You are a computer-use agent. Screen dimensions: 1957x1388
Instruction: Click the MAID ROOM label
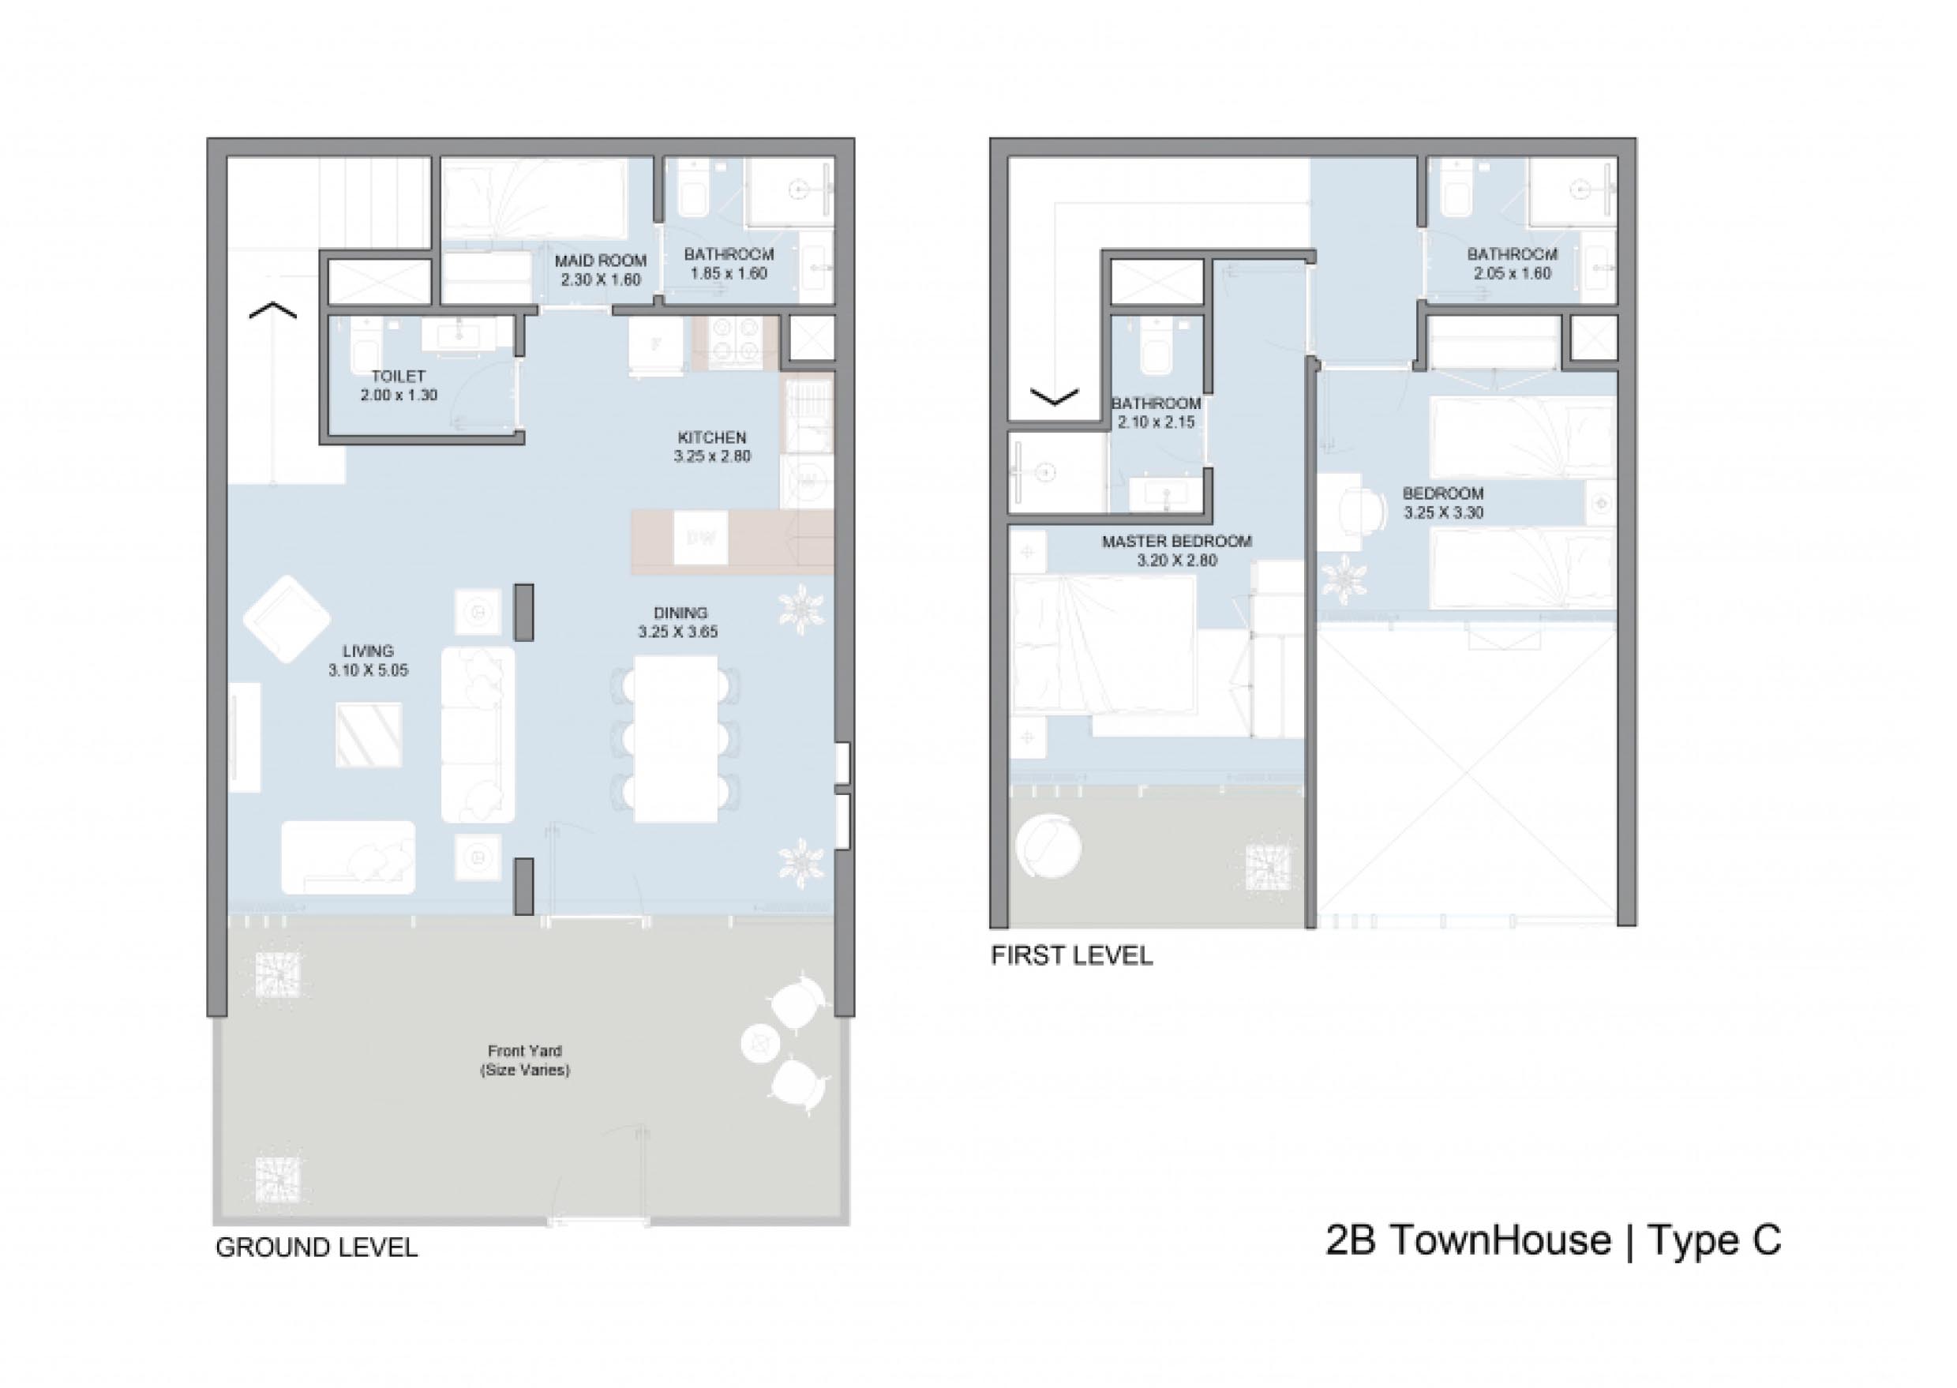600,261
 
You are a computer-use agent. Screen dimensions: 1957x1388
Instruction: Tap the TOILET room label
398,376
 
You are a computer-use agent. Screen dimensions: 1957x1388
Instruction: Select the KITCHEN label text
712,437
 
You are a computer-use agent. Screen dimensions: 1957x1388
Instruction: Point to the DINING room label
680,613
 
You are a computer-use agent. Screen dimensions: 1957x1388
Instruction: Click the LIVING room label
369,651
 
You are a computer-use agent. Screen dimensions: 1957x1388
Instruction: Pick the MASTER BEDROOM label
1177,542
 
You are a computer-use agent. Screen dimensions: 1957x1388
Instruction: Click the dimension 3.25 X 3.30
1443,513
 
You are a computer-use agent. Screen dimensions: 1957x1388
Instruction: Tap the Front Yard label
525,1051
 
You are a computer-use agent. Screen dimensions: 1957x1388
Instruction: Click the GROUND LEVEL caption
317,1247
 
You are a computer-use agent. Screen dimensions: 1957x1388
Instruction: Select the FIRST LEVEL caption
1071,955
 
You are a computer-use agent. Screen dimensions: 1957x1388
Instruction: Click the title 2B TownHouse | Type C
1554,1241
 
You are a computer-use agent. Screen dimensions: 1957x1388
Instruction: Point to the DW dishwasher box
701,538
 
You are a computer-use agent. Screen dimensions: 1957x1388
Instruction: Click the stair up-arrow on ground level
272,310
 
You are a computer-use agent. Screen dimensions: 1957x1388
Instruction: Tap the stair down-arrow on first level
1055,396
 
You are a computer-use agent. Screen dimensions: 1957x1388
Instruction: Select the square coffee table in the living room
369,735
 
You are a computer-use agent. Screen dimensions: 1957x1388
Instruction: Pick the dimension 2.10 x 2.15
1156,422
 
